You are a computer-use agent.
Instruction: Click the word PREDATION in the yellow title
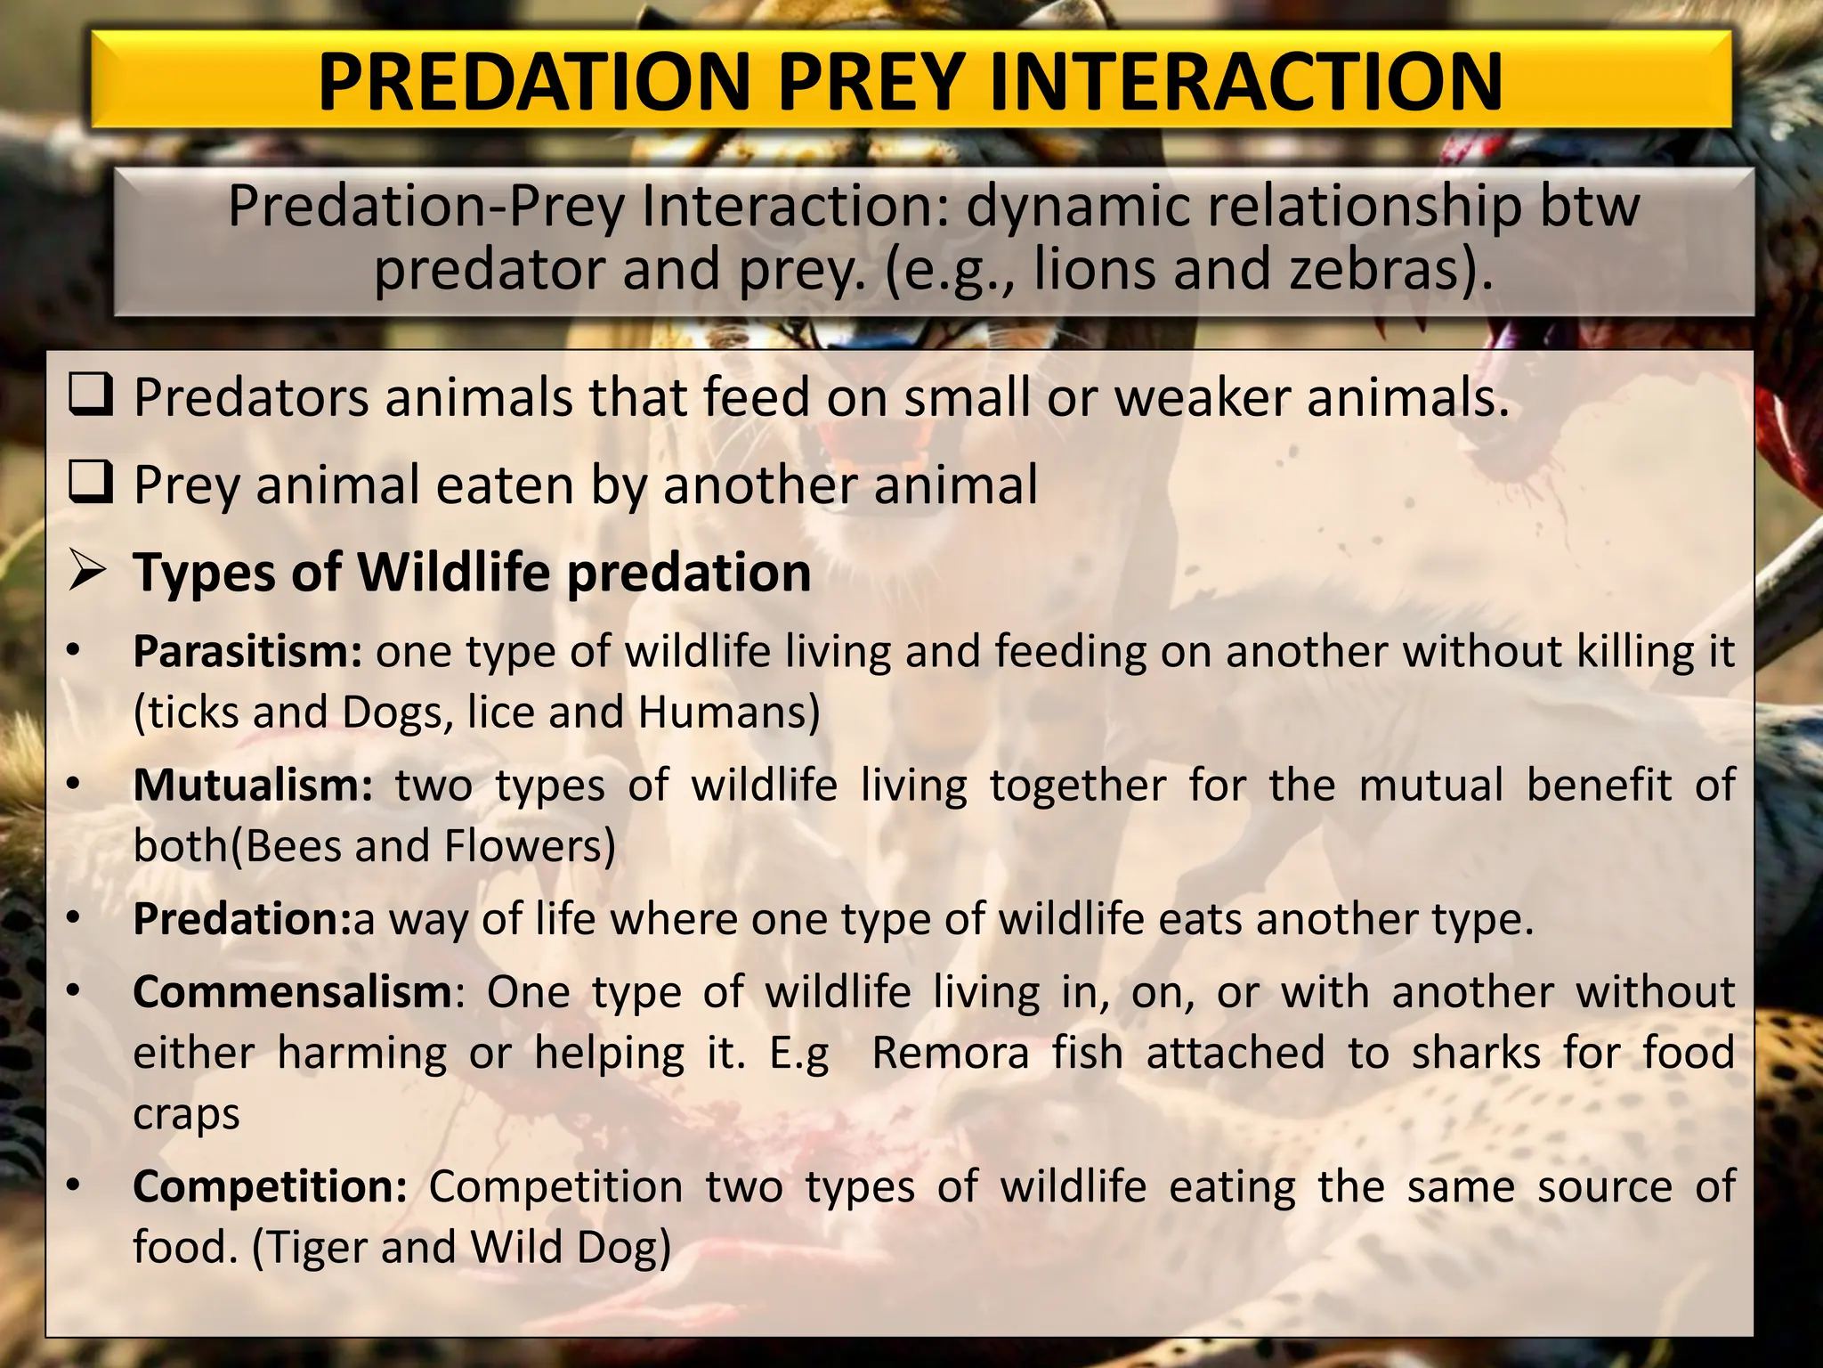535,82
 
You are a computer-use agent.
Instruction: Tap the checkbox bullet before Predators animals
91,396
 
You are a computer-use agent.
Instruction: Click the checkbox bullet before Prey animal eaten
91,484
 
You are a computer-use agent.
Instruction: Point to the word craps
186,1115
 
